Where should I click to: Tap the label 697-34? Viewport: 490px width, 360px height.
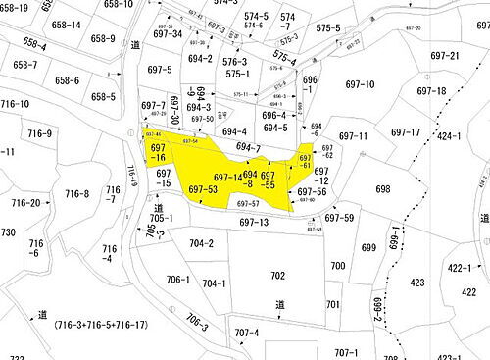click(x=168, y=34)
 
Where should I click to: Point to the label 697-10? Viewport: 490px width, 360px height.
click(x=360, y=85)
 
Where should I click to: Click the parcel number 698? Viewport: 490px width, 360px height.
click(x=382, y=189)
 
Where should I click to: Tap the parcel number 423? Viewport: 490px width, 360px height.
click(x=416, y=283)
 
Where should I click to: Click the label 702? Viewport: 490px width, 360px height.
click(x=277, y=276)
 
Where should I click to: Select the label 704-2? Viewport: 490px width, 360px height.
click(x=201, y=243)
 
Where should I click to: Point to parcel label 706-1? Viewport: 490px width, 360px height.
click(x=177, y=280)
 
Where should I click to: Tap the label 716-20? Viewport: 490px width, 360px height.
click(x=25, y=203)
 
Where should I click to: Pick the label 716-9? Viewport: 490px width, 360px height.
click(x=39, y=133)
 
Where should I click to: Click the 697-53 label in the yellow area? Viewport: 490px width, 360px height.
click(x=202, y=189)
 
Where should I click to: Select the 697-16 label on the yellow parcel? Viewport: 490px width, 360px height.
click(x=158, y=152)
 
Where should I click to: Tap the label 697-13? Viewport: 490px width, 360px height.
click(x=253, y=223)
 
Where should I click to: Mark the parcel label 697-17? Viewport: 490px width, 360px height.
click(x=405, y=132)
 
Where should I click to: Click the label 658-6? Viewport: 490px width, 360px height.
click(x=68, y=80)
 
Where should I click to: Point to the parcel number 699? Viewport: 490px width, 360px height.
click(x=368, y=248)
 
